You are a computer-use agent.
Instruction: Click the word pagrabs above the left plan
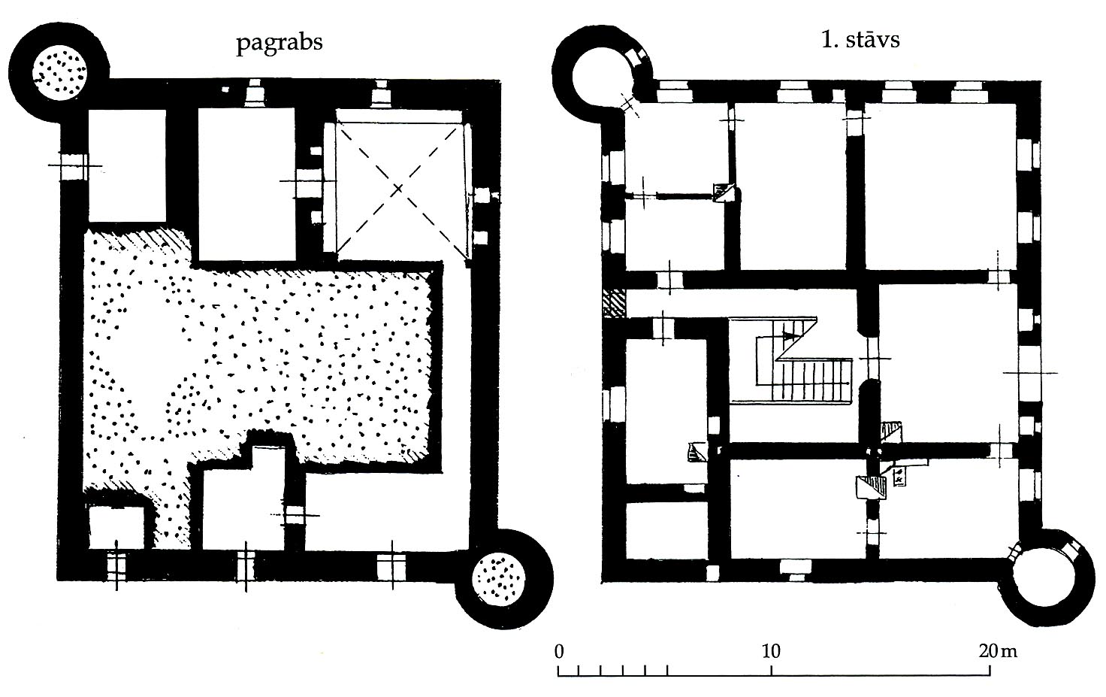point(280,43)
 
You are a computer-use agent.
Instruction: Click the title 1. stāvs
point(860,40)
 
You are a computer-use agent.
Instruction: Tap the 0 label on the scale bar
point(559,652)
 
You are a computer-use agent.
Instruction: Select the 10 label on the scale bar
point(771,652)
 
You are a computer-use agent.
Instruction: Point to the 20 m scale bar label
point(998,652)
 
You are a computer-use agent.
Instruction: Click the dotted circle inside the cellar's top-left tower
point(60,73)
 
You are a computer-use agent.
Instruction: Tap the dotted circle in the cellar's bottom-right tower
point(498,578)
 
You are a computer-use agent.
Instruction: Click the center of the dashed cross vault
point(399,188)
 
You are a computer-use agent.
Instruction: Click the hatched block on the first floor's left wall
point(613,303)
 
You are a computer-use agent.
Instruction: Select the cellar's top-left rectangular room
point(128,165)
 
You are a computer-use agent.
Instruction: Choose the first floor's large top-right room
point(940,186)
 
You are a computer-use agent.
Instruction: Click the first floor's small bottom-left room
point(666,531)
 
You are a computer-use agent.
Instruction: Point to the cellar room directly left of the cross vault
point(246,183)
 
